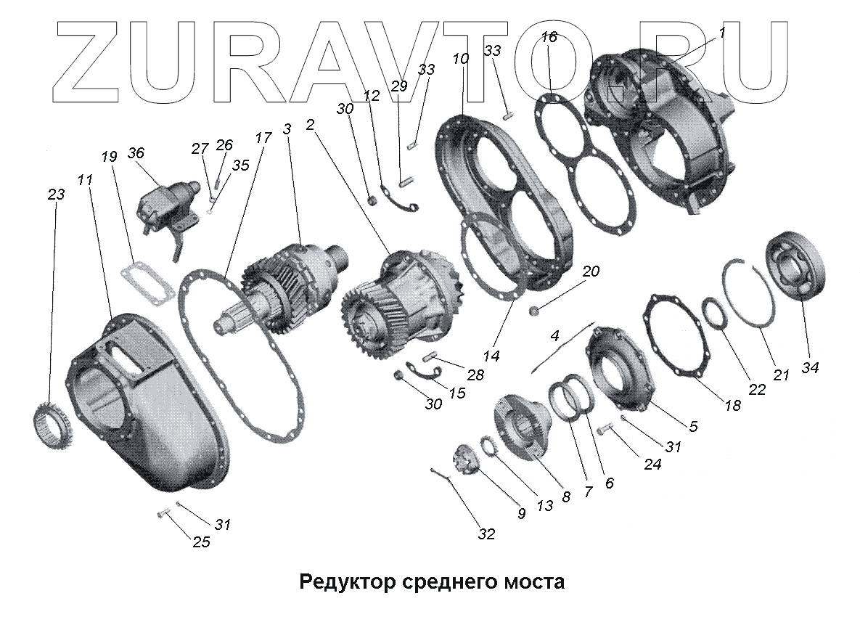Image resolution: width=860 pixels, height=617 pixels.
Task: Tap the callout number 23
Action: tap(56, 194)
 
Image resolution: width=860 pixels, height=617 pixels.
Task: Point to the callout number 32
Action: tap(486, 534)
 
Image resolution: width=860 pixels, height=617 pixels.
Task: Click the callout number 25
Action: tap(201, 542)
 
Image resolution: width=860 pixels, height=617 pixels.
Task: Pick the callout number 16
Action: tap(549, 37)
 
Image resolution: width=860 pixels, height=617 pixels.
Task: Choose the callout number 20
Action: tap(591, 271)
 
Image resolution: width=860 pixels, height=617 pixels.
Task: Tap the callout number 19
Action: tap(109, 156)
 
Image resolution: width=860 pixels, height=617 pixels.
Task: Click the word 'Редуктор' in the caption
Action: tap(346, 581)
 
